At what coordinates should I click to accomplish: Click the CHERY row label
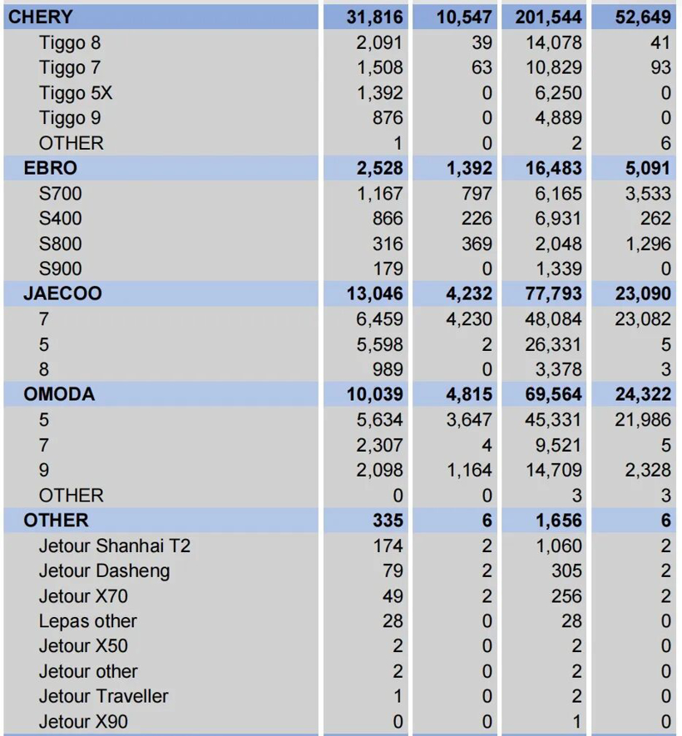pos(41,17)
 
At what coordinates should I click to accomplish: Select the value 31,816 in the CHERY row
pos(374,17)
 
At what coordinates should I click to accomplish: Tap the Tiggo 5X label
pos(76,93)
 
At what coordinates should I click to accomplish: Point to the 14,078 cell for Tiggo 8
pos(553,42)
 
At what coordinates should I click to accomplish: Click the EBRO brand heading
pos(50,168)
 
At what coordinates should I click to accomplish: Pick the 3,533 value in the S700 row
pos(648,194)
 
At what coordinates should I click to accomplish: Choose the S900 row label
pos(60,269)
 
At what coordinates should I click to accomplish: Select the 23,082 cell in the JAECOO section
pos(643,319)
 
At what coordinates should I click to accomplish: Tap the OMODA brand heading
pos(59,394)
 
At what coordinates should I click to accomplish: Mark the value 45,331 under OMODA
pos(553,420)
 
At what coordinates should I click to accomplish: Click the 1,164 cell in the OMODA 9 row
pos(469,470)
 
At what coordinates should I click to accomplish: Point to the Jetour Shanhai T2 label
pos(115,546)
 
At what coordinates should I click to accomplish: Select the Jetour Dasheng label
pos(104,571)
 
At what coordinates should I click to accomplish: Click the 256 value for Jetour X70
pos(566,596)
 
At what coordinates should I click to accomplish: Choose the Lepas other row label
pos(88,621)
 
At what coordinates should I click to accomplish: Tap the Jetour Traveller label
pos(103,696)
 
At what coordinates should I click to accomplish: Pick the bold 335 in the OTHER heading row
pos(388,521)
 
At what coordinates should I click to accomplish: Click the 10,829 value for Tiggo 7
pos(553,67)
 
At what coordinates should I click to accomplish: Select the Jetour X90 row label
pos(83,722)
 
